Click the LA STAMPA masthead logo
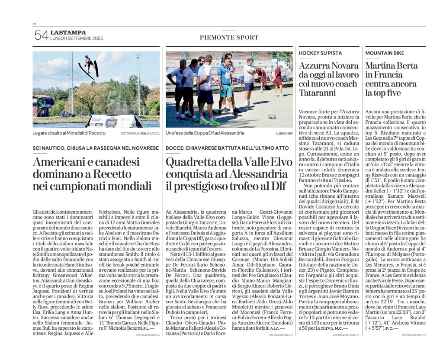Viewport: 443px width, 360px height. click(68, 32)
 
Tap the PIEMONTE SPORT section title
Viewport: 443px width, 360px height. click(229, 38)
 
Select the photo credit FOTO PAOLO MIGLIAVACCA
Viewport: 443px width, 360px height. click(140, 133)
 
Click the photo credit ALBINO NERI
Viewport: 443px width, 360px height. click(284, 133)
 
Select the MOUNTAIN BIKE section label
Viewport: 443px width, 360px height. click(385, 53)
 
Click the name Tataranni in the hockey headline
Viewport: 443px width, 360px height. click(319, 93)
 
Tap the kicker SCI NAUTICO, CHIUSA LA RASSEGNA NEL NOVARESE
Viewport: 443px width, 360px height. click(96, 148)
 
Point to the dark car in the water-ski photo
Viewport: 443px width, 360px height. click(67, 114)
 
